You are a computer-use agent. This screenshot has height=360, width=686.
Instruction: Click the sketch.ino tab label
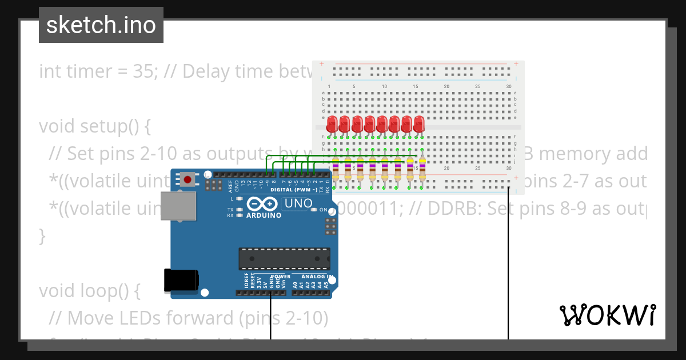pyautogui.click(x=101, y=25)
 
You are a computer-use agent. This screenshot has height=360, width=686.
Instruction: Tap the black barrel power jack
pyautogui.click(x=181, y=279)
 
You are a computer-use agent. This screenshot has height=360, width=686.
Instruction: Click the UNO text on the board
pyautogui.click(x=298, y=203)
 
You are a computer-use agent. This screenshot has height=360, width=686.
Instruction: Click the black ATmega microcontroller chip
pyautogui.click(x=284, y=258)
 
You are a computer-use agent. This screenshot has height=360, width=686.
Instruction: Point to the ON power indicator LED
pyautogui.click(x=314, y=210)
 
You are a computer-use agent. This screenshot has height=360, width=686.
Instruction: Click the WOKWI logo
pyautogui.click(x=607, y=315)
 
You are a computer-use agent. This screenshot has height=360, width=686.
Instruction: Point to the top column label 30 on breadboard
pyautogui.click(x=509, y=86)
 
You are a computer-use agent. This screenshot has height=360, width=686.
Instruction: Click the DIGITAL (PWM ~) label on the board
pyautogui.click(x=293, y=189)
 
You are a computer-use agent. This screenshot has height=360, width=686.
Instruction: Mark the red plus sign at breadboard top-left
pyautogui.click(x=322, y=63)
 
